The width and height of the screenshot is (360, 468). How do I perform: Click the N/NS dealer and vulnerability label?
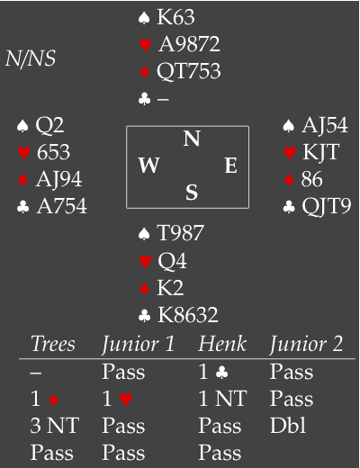[31, 58]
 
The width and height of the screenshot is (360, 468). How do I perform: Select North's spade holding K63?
[175, 17]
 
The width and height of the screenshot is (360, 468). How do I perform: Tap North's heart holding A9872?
[189, 44]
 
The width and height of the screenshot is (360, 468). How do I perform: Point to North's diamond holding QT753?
[189, 71]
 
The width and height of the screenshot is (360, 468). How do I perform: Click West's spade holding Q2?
[49, 125]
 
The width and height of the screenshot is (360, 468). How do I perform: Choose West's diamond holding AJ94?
[58, 179]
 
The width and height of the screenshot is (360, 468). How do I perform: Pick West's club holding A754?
[61, 206]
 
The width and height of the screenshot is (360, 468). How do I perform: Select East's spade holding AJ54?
[325, 125]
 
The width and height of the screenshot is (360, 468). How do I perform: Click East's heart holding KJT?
[320, 152]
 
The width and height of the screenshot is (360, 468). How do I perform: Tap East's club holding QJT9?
[327, 206]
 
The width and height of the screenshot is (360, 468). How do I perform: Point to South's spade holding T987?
[180, 233]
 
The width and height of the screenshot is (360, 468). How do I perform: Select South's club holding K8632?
[188, 315]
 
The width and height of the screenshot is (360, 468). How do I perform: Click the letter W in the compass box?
[148, 166]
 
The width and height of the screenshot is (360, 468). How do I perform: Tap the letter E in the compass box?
[231, 166]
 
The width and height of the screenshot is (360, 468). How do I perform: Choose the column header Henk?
[222, 344]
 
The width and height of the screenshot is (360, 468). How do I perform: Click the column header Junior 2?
[306, 344]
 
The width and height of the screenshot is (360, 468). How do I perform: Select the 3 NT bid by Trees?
[55, 426]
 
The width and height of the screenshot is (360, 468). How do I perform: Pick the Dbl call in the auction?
[288, 426]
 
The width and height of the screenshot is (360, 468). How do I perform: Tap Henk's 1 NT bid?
[222, 399]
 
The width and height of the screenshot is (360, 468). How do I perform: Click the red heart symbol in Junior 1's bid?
[126, 400]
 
